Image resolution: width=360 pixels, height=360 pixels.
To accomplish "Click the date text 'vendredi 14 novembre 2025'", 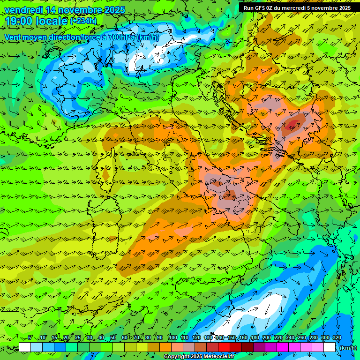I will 65,10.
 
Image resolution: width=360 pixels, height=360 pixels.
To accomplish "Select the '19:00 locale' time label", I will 37,21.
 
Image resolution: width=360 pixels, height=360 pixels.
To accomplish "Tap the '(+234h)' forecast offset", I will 84,21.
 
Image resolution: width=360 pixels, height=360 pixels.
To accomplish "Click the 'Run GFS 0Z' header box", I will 297,8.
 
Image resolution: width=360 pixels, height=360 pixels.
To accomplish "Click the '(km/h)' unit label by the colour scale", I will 347,347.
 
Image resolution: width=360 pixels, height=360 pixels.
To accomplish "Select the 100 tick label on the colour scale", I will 173,338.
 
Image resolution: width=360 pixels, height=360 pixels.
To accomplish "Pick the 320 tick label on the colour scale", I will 337,338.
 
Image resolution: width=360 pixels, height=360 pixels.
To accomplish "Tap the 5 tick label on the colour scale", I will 30,338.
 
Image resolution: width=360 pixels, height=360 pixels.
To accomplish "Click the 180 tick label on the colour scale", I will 255,338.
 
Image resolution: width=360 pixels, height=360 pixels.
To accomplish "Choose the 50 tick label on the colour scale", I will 113,338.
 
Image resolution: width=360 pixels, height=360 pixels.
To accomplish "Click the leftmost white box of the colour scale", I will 25,347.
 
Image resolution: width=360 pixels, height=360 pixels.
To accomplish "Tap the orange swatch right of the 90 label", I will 165,347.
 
